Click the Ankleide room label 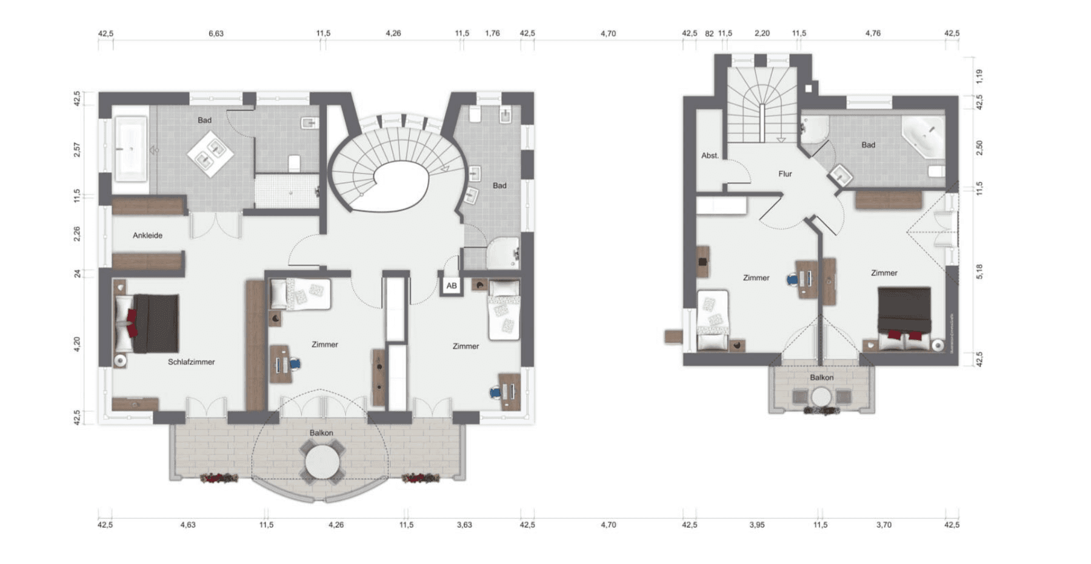tap(147, 235)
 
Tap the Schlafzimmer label tap(191, 362)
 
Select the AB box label tap(452, 286)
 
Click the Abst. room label tap(710, 156)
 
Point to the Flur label tap(785, 174)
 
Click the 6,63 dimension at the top tap(216, 33)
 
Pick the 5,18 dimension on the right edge tap(979, 271)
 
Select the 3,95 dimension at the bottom tap(756, 525)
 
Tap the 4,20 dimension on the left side tap(77, 344)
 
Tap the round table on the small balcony tap(822, 397)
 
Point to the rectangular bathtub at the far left tap(130, 149)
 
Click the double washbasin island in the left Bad tap(210, 154)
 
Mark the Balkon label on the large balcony tap(321, 433)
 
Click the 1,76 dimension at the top tap(492, 33)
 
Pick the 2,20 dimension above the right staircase tap(762, 33)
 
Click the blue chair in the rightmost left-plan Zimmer tap(495, 393)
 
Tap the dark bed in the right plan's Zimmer tap(904, 310)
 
